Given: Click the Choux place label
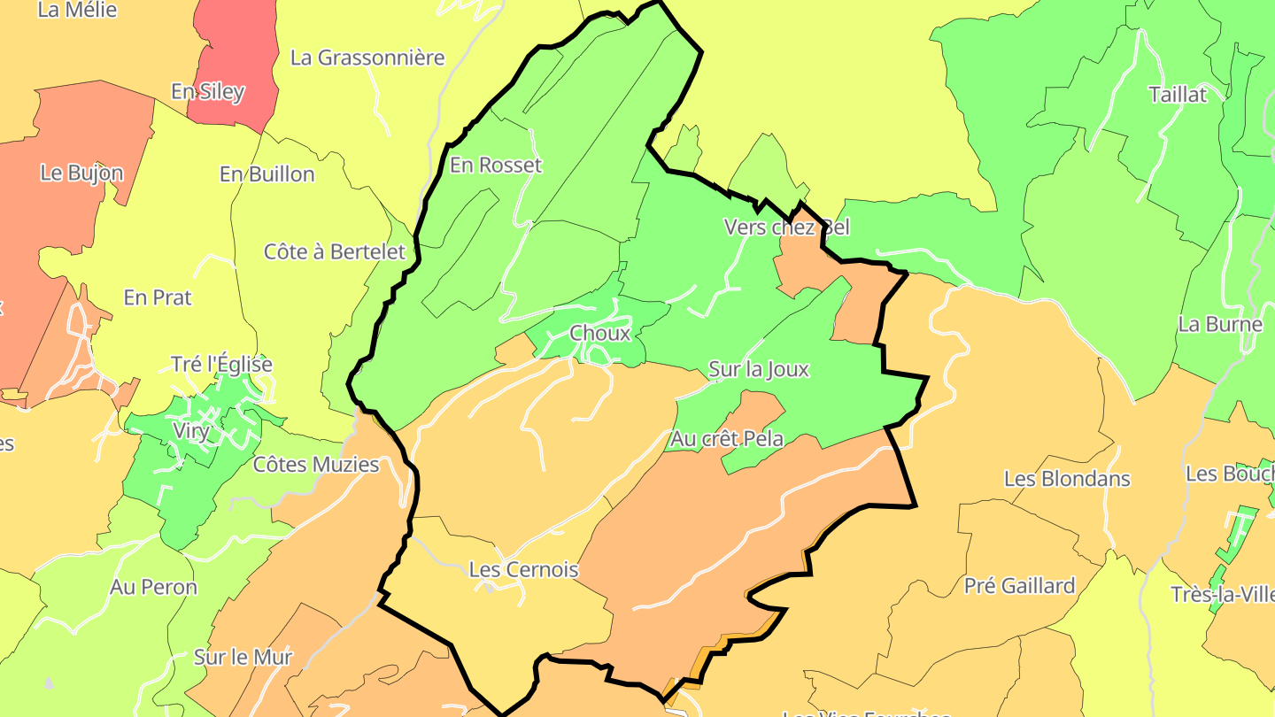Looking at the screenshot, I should (600, 334).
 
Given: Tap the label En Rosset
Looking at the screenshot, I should (495, 166).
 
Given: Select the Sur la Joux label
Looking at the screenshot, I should (759, 369).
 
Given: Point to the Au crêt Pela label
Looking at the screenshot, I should (726, 438).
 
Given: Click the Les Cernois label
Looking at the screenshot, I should (522, 570).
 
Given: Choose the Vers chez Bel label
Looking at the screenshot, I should (786, 227).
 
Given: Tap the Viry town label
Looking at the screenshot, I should (192, 432).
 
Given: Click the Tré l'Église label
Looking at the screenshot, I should (221, 364).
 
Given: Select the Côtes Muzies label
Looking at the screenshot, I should (315, 465).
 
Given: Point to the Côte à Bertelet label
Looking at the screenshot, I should (335, 251).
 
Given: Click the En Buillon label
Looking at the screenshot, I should (267, 174).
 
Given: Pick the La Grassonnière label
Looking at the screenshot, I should (367, 58).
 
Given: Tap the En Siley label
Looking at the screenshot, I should (207, 92).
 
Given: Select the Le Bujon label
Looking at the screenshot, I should (81, 173).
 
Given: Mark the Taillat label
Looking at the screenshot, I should (1177, 95).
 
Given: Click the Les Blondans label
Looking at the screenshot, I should (1066, 479).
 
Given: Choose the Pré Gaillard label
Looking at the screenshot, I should (1019, 586).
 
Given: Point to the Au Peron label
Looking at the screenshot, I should (153, 587).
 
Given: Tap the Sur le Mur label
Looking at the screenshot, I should (243, 658).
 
